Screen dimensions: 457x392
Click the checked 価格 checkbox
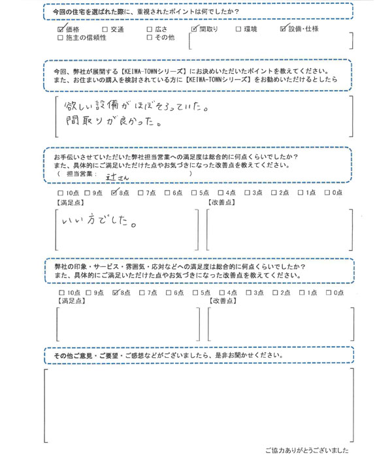pyautogui.click(x=61, y=29)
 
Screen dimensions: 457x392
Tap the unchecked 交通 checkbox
pyautogui.click(x=105, y=29)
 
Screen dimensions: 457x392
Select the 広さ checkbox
pyautogui.click(x=150, y=29)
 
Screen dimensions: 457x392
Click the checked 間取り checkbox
pyautogui.click(x=194, y=29)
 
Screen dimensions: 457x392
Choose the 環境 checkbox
pyautogui.click(x=238, y=29)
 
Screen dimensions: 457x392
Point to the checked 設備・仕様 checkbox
pyautogui.click(x=283, y=29)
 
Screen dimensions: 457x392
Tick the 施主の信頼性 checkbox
pyautogui.click(x=61, y=39)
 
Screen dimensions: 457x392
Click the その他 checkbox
pyautogui.click(x=150, y=39)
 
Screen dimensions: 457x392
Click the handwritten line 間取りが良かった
pyautogui.click(x=110, y=121)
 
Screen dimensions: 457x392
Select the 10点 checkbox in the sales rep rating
pyautogui.click(x=61, y=193)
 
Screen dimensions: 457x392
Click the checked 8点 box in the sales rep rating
pyautogui.click(x=116, y=193)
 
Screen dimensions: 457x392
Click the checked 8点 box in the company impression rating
pyautogui.click(x=116, y=293)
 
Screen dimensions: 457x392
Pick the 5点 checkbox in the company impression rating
pyautogui.click(x=195, y=293)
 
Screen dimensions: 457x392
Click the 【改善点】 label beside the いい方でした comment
pyautogui.click(x=221, y=202)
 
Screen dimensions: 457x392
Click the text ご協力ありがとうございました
pyautogui.click(x=307, y=450)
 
